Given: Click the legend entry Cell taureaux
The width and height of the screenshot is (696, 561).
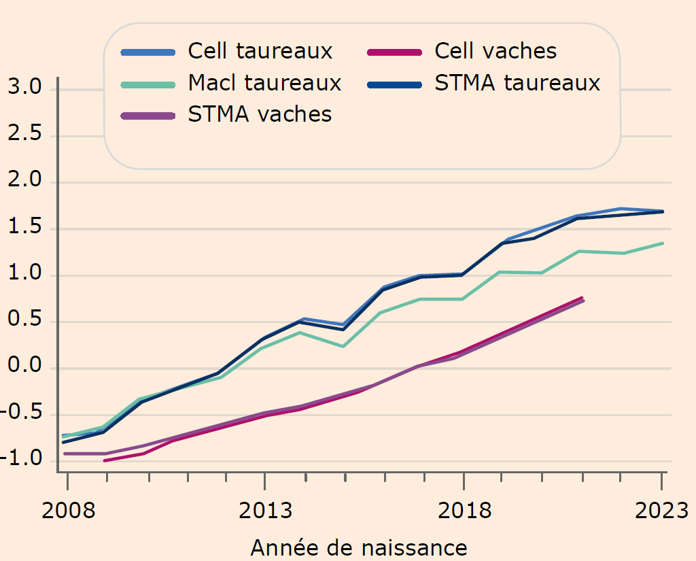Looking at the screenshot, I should tap(260, 51).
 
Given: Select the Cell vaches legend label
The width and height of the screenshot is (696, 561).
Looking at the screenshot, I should tap(495, 51).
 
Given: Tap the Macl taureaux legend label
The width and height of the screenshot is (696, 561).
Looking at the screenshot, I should tap(264, 83).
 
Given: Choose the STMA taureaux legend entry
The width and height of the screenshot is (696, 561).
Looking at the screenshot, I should tap(517, 83).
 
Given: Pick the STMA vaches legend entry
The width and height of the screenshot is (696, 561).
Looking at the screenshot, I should tap(260, 114).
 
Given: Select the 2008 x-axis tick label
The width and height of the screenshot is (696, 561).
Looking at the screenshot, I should tap(67, 511).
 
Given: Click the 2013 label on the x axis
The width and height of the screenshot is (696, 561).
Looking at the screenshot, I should tap(265, 511).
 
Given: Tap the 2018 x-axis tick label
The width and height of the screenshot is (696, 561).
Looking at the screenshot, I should tap(464, 511).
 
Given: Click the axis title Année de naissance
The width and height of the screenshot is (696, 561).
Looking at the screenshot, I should tap(359, 547).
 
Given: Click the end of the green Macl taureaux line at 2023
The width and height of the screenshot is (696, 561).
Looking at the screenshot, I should tap(662, 243).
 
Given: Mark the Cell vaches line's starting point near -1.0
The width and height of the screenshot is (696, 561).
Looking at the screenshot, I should tap(105, 460).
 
